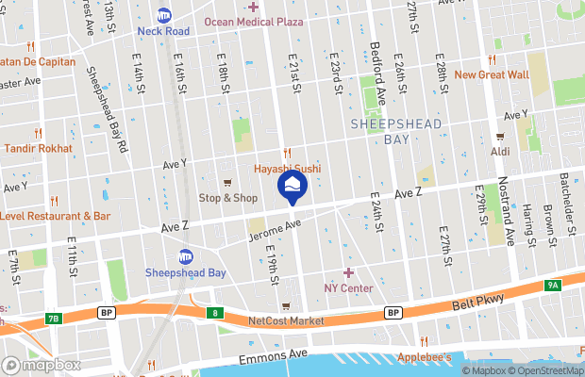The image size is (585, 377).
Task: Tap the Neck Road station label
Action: pyautogui.click(x=163, y=30)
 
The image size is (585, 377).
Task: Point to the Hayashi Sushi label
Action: pyautogui.click(x=287, y=169)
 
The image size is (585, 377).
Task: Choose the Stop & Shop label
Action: pyautogui.click(x=227, y=198)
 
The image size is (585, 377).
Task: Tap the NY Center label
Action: pyautogui.click(x=348, y=287)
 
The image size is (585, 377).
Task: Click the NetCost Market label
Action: pyautogui.click(x=286, y=321)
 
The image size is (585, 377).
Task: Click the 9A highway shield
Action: pyautogui.click(x=553, y=284)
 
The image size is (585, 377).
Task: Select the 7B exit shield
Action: pyautogui.click(x=53, y=319)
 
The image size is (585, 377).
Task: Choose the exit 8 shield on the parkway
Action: pyautogui.click(x=217, y=313)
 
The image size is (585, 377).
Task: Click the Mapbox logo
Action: pyautogui.click(x=41, y=365)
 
